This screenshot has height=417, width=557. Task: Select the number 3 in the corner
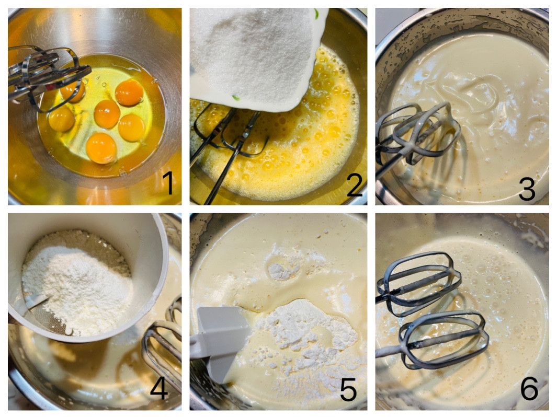click(x=527, y=189)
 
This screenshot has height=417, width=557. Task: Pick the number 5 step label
click(x=348, y=389)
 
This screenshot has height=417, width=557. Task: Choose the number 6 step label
click(x=529, y=389)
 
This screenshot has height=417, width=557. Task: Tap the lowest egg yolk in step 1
click(x=101, y=148)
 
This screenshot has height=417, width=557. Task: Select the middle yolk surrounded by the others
click(x=107, y=113)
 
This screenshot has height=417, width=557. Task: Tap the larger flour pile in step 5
click(x=305, y=330)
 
